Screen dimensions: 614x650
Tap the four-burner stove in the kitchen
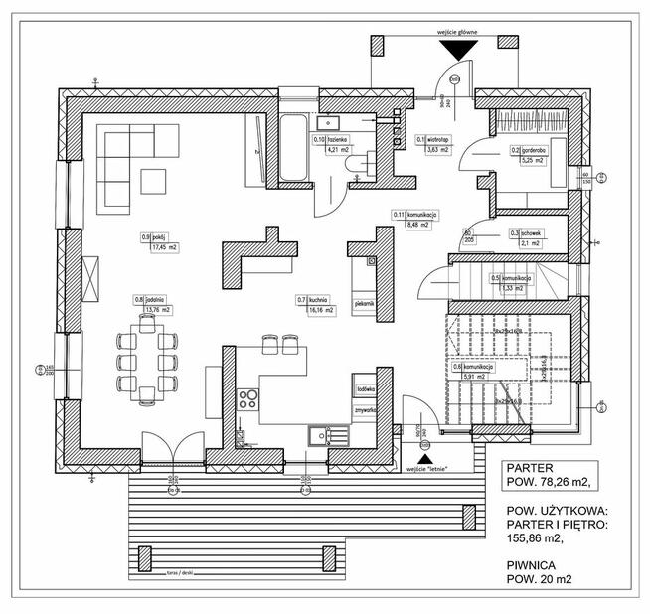click(x=247, y=401)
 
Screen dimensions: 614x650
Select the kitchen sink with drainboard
click(x=327, y=435)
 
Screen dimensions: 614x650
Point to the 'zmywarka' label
click(x=364, y=407)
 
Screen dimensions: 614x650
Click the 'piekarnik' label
click(x=363, y=302)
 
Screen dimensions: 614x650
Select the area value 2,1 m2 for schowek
click(x=528, y=243)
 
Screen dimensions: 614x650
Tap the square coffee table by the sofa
click(x=155, y=182)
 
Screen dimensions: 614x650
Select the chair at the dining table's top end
click(x=145, y=321)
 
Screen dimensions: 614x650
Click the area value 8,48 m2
click(x=415, y=226)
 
